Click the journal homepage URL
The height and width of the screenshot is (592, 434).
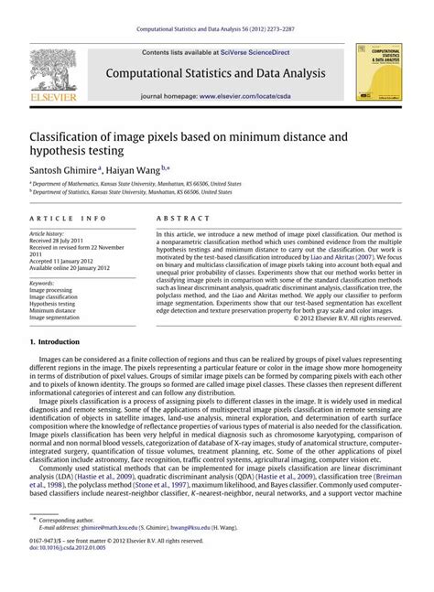coord(259,95)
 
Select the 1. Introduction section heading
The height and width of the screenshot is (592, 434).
coord(60,341)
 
